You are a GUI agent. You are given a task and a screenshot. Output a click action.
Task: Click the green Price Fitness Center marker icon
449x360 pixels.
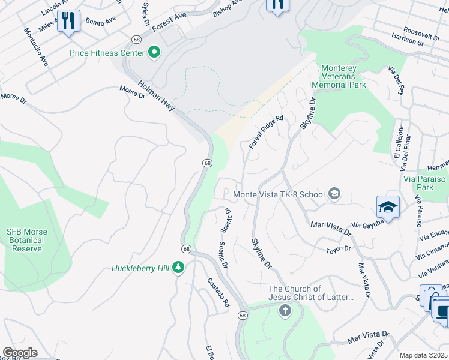(154, 53)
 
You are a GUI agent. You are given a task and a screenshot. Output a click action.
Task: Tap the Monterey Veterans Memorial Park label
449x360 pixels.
(343, 77)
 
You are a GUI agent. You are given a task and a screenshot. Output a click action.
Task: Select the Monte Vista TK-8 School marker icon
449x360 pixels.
(334, 194)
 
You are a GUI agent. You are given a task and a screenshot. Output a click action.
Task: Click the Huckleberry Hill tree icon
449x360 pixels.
(178, 268)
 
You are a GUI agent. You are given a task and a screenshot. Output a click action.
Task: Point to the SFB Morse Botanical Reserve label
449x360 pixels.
(34, 240)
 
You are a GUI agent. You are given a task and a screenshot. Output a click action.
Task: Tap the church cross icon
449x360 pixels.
(285, 311)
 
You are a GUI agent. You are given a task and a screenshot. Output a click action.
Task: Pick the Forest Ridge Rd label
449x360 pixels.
(265, 133)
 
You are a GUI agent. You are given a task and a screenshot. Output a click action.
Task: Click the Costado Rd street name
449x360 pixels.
(218, 293)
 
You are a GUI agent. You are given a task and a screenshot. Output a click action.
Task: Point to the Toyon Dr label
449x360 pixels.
(338, 249)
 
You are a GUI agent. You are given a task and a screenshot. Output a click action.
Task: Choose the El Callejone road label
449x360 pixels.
(399, 142)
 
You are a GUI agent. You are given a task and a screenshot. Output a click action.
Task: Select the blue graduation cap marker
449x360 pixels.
(388, 208)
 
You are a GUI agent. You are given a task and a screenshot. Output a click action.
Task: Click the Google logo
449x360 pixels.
(20, 352)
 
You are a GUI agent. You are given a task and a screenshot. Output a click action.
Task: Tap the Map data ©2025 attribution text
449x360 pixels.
(423, 355)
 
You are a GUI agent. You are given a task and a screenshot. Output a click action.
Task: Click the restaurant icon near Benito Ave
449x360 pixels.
(68, 22)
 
